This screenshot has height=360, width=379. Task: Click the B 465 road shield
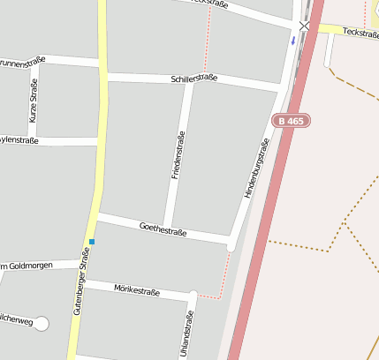(291, 120)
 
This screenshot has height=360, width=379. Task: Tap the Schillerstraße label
(193, 79)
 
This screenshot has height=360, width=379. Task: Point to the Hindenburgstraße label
(254, 168)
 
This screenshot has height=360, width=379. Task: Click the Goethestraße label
(163, 229)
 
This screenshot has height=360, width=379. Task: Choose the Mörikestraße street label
(136, 289)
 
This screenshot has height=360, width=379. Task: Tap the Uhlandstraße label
(186, 335)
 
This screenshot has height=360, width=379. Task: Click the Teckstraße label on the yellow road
(360, 32)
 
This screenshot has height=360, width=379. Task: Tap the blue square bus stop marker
(91, 241)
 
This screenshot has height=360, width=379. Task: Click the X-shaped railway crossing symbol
(305, 26)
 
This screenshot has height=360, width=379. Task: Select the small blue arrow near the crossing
(293, 40)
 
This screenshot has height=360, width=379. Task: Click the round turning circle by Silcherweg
(42, 323)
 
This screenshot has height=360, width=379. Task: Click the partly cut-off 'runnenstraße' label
(22, 63)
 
